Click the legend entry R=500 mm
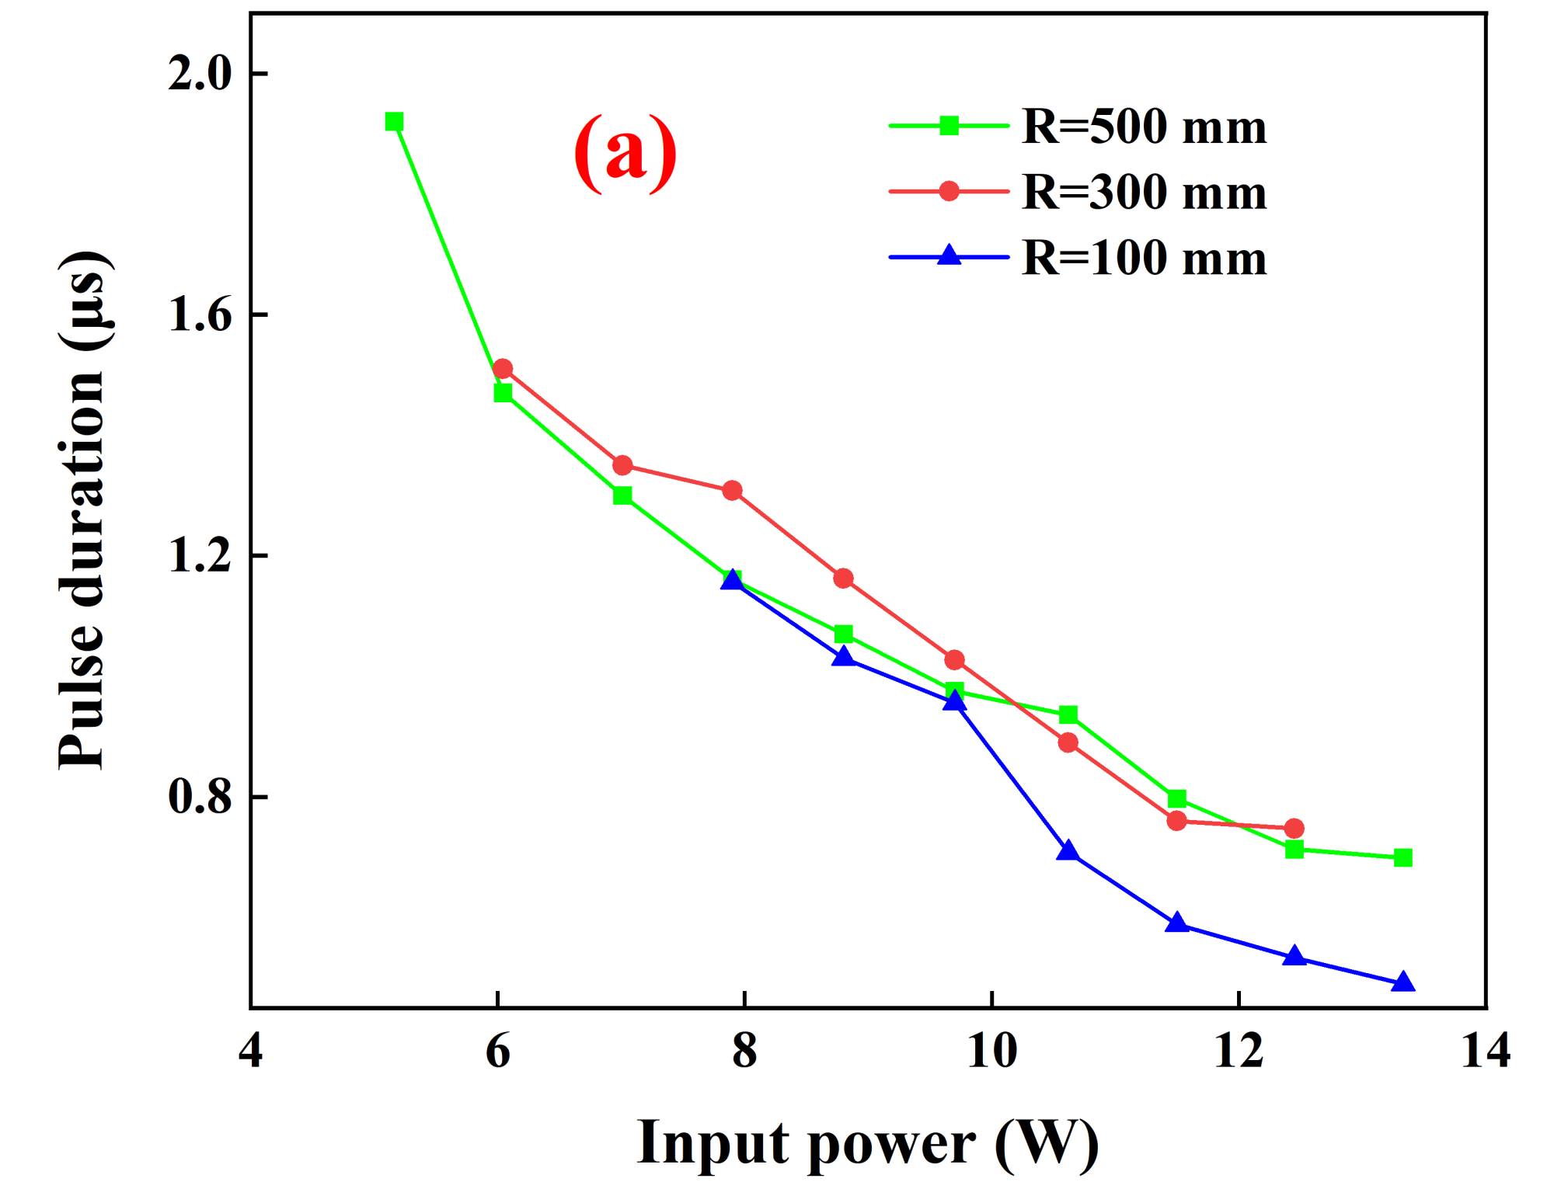click(1144, 127)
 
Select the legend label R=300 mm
click(1144, 192)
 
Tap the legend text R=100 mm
click(1144, 258)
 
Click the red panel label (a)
click(625, 153)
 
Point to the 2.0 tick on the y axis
click(200, 75)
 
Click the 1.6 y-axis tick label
click(200, 316)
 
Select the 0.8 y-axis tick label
click(200, 798)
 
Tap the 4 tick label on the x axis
click(250, 1052)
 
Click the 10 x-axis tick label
click(991, 1052)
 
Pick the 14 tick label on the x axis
click(1486, 1052)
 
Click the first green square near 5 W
click(394, 122)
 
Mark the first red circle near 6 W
click(503, 368)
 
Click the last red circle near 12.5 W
click(1294, 829)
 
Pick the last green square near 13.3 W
click(1402, 857)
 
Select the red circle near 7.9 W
click(732, 490)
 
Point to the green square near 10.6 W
click(1068, 714)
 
